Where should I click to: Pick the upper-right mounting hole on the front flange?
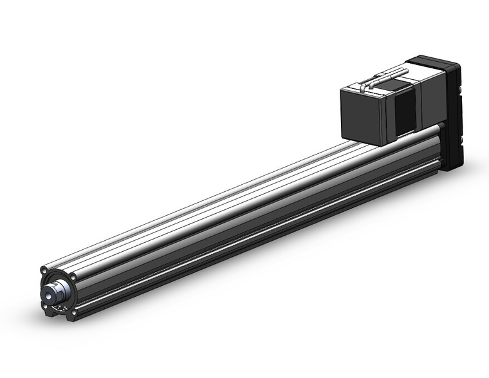point(73,278)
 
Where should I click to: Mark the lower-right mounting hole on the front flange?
point(75,315)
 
